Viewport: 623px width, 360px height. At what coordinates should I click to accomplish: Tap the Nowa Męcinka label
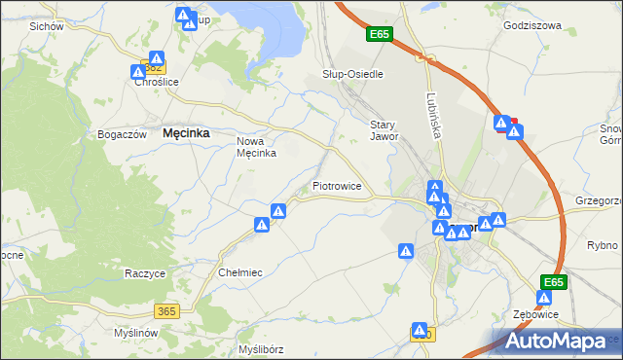click(258, 147)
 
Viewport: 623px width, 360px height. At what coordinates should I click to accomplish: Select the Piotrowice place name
click(337, 185)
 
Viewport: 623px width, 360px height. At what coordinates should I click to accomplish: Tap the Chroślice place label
click(156, 83)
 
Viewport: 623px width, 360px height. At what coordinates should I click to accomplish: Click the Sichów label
click(46, 26)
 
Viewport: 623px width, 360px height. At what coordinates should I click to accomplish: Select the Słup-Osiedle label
click(352, 74)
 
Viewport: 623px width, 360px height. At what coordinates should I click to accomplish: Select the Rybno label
click(603, 245)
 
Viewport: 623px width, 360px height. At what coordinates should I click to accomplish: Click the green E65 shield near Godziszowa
click(380, 35)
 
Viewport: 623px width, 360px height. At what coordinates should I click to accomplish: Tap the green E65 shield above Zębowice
click(553, 282)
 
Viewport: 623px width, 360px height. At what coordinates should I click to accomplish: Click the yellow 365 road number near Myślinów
click(165, 310)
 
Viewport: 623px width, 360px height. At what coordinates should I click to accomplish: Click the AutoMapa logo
click(557, 341)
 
